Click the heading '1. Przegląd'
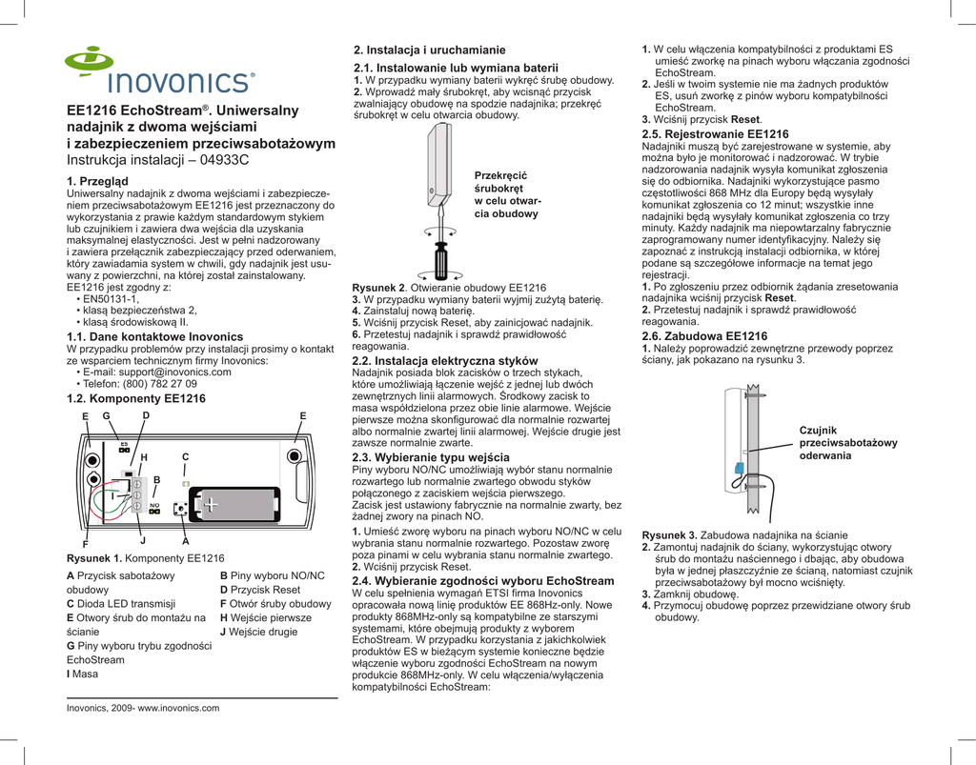tap(100, 181)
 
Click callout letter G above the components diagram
tap(106, 416)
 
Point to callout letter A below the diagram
tap(185, 540)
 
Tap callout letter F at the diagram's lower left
tap(85, 543)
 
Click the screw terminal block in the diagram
tap(136, 491)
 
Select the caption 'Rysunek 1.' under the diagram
tap(93, 558)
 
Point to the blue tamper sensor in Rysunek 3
tap(739, 467)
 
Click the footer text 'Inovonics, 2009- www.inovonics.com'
tap(143, 708)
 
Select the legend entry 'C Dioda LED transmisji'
tap(121, 603)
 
